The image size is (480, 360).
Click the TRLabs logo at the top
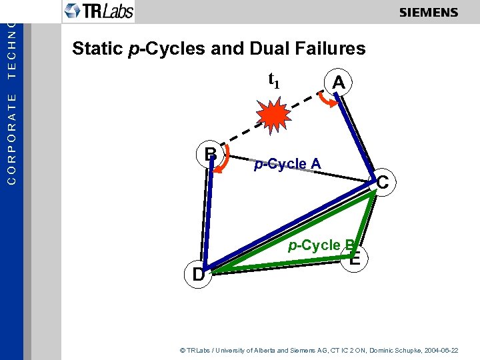tap(99, 11)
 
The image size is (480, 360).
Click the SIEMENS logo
tap(429, 13)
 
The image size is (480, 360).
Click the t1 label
tap(273, 81)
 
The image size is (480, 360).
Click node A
tap(339, 83)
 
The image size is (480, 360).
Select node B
tap(211, 154)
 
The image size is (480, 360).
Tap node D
tap(199, 274)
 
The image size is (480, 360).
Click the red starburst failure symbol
tap(273, 117)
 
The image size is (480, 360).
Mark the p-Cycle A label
tap(287, 164)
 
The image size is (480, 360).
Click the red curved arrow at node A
tap(325, 99)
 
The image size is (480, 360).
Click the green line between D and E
tap(280, 267)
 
